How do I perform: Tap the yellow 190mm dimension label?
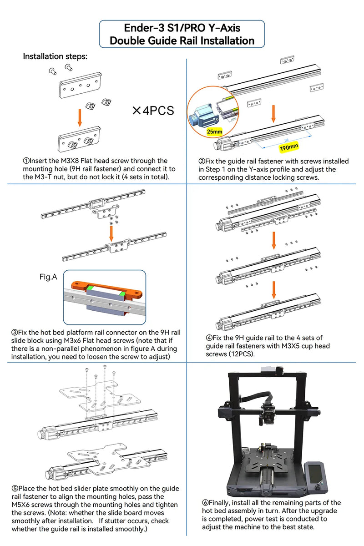[288, 147]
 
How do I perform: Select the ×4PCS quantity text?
[153, 111]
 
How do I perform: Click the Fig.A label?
[48, 276]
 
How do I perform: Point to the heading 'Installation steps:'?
[55, 56]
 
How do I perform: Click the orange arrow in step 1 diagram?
[80, 117]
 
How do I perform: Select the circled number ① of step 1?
[26, 161]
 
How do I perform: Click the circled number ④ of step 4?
[209, 338]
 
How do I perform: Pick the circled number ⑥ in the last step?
[205, 502]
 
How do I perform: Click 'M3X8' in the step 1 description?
[72, 161]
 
